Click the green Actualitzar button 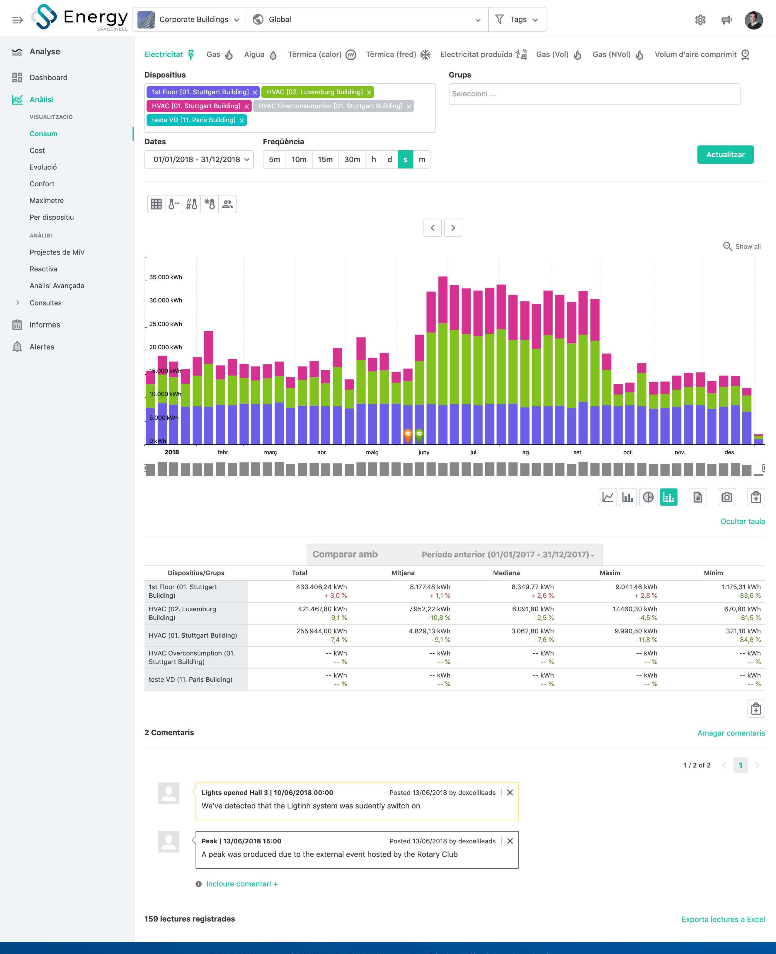(x=725, y=155)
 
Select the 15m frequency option (x=325, y=159)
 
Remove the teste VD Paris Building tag (x=242, y=121)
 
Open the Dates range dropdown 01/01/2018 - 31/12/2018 (x=199, y=159)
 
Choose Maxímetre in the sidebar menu (x=46, y=201)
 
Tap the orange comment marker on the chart (x=408, y=434)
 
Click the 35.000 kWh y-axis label (x=166, y=277)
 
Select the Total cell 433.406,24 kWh (x=321, y=587)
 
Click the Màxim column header (x=609, y=573)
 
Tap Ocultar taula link (x=742, y=522)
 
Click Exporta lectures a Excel (x=723, y=919)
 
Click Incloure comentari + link (x=241, y=884)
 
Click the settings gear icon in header (x=700, y=20)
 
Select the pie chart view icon (x=648, y=497)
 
